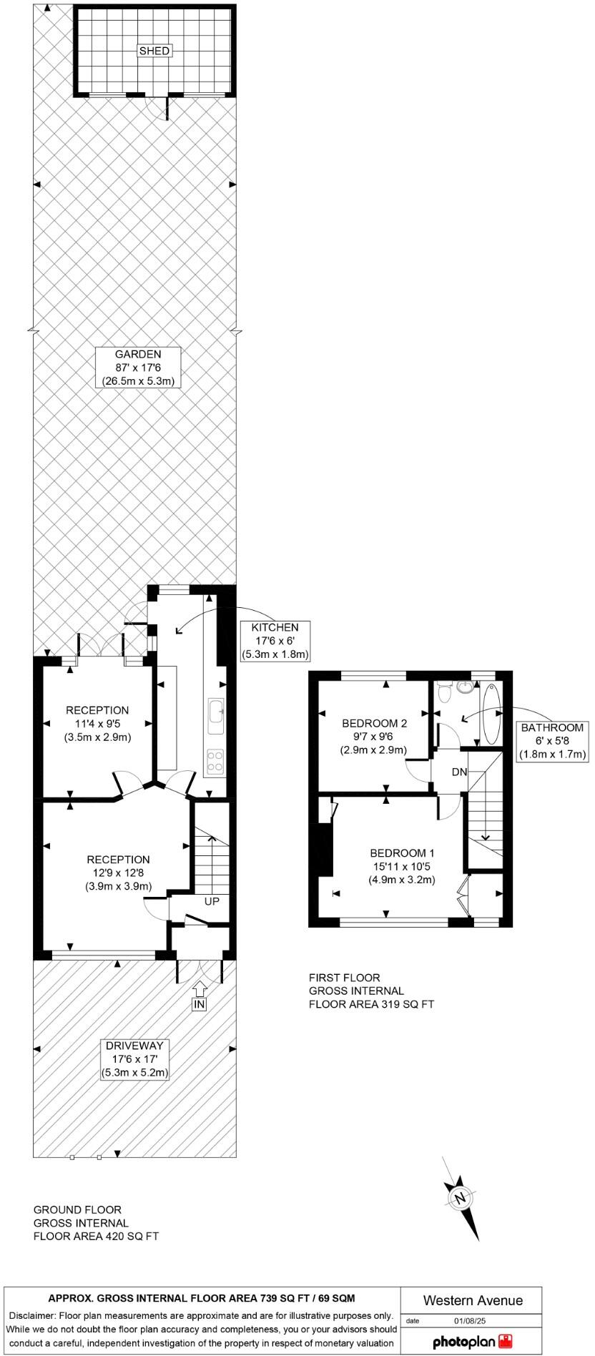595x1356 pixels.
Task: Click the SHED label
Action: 154,51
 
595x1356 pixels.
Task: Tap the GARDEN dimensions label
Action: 137,368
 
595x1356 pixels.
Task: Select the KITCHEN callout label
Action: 275,640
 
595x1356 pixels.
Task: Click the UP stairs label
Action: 212,902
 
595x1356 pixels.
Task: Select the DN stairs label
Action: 459,772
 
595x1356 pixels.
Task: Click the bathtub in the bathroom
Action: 492,713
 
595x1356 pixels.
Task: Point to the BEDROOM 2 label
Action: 374,736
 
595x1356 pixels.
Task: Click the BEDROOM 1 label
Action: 402,866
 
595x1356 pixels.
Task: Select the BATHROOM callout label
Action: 552,741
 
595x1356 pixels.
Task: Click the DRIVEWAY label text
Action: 137,1046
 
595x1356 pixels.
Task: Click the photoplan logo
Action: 473,1340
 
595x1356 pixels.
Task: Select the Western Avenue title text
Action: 473,1300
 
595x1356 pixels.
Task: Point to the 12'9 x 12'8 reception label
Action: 119,873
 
